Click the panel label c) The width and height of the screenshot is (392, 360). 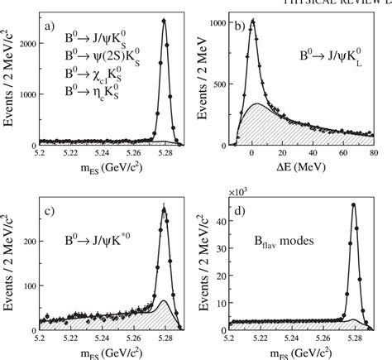[50, 209]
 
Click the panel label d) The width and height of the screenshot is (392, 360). [242, 209]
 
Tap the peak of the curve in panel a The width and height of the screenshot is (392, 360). [163, 21]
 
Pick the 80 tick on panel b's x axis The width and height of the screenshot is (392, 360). [373, 154]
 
